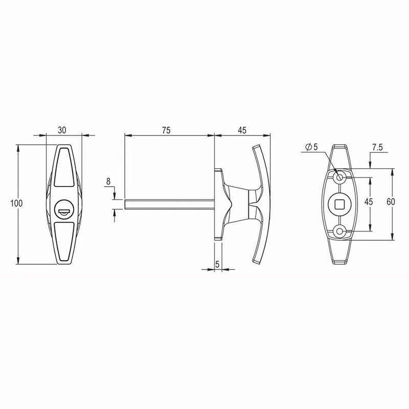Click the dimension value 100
click(16, 203)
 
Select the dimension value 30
click(62, 130)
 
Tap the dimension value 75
click(166, 130)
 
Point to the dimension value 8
click(108, 181)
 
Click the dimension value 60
click(391, 201)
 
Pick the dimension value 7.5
click(377, 147)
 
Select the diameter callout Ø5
click(312, 147)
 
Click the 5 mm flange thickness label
click(218, 264)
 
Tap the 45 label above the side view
click(242, 130)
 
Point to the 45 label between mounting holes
click(369, 201)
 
